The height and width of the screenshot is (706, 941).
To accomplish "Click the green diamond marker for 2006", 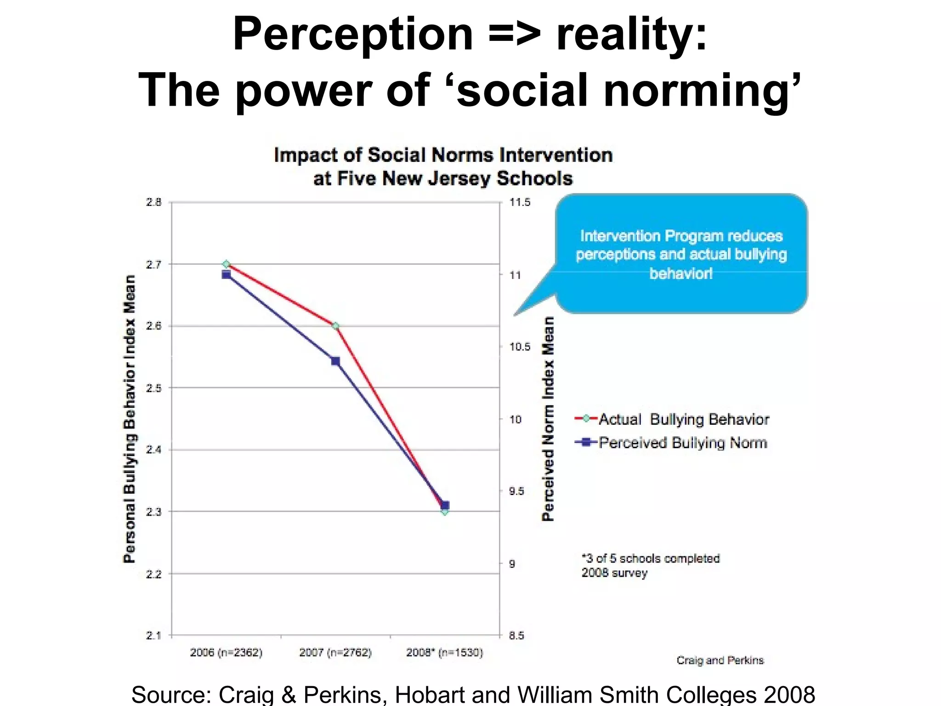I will click(x=226, y=264).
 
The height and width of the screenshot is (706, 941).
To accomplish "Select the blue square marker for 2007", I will click(x=335, y=361).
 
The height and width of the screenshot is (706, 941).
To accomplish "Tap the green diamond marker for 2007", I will click(x=335, y=326).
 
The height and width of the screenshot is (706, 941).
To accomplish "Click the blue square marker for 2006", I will click(x=226, y=275).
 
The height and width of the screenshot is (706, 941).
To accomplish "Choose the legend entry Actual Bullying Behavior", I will click(x=683, y=419).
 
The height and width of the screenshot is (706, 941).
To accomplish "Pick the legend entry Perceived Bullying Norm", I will click(x=682, y=443).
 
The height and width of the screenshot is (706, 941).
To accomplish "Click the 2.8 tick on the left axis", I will click(x=154, y=202).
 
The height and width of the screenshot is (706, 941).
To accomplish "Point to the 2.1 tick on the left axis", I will click(x=154, y=636).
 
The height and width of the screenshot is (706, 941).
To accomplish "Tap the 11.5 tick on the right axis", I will click(x=520, y=202).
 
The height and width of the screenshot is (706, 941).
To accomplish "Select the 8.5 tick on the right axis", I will click(x=516, y=636).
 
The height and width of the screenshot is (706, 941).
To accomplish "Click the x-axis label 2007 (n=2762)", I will click(x=335, y=653).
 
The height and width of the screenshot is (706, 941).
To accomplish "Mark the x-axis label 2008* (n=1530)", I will click(x=444, y=653).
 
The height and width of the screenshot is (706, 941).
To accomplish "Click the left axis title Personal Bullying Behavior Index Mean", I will click(x=130, y=418).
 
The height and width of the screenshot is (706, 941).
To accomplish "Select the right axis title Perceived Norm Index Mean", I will click(x=548, y=418).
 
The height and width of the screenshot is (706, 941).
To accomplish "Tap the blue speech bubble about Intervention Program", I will click(x=681, y=254).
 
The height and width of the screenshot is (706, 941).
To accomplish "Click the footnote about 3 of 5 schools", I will click(x=650, y=565).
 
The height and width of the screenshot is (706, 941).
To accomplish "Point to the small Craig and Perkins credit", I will click(x=720, y=660).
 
